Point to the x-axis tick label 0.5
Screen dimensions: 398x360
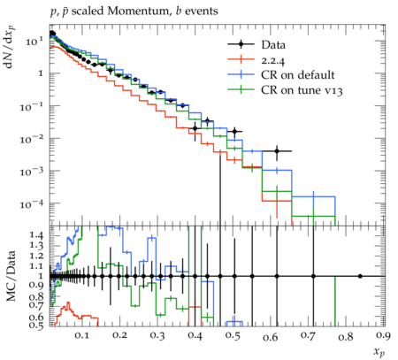coord(233,336)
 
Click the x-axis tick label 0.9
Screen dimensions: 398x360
coord(384,336)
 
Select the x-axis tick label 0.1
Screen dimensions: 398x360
coord(81,336)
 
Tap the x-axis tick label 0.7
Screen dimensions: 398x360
coord(308,336)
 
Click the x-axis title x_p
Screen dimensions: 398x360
coord(379,352)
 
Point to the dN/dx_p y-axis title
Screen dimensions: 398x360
coord(11,47)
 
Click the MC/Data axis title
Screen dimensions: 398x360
coord(11,276)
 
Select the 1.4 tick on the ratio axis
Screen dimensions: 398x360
coord(37,235)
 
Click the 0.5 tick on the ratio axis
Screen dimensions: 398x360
coord(37,326)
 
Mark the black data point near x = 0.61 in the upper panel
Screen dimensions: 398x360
coord(277,151)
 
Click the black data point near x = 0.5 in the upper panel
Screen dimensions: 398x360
coord(234,132)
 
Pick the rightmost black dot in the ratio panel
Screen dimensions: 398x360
coord(360,276)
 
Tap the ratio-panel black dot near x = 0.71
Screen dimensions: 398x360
coord(313,276)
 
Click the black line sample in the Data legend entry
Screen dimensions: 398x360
coord(241,44)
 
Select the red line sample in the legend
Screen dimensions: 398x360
coord(241,59)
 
